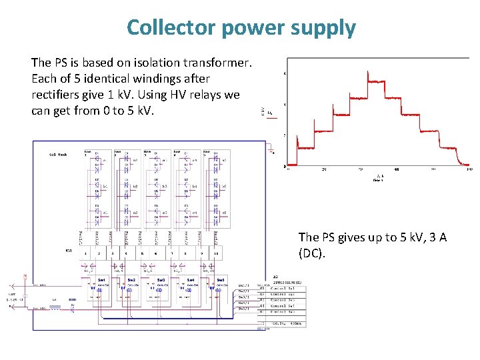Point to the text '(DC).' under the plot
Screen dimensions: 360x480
point(313,253)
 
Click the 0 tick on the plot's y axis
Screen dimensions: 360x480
point(285,166)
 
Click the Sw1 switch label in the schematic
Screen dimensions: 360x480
point(102,280)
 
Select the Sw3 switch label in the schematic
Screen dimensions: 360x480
point(161,280)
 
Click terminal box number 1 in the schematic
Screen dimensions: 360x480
point(85,254)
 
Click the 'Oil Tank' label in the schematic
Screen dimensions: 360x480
point(58,154)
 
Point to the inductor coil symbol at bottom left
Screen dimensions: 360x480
point(57,309)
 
